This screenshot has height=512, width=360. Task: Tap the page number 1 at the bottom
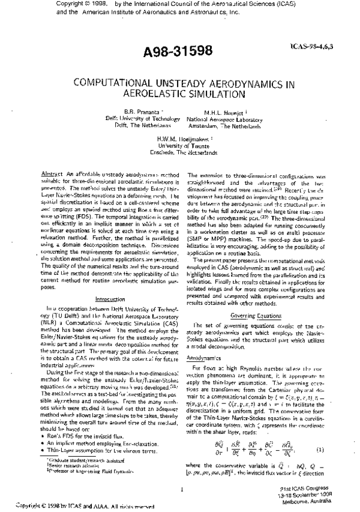pyautogui.click(x=181, y=489)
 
